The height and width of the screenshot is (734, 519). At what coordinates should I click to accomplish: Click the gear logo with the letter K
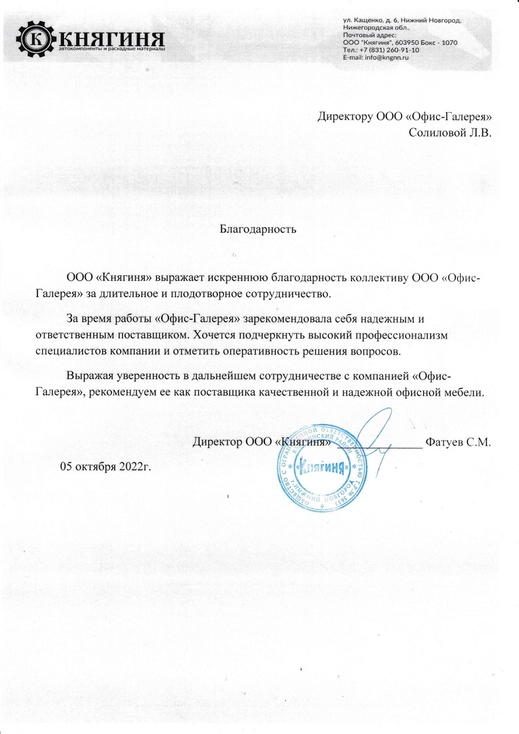(35, 39)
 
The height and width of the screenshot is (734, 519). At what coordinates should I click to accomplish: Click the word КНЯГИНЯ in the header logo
(111, 36)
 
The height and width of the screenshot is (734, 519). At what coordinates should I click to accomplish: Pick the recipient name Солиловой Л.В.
(450, 133)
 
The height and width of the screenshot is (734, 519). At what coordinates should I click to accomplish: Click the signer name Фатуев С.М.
(458, 442)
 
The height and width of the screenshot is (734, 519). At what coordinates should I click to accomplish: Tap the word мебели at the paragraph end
(464, 393)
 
